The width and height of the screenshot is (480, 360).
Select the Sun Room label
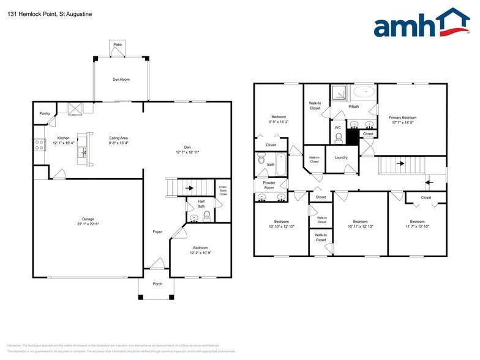(x=120, y=80)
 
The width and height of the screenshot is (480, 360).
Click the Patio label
(x=118, y=45)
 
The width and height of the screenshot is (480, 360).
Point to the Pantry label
(x=45, y=113)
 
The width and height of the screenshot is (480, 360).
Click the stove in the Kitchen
(x=39, y=145)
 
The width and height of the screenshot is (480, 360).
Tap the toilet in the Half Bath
(x=207, y=216)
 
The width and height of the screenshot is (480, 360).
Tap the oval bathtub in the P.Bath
(x=364, y=92)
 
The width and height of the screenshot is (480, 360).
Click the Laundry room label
(x=341, y=157)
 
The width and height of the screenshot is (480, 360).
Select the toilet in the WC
(x=337, y=138)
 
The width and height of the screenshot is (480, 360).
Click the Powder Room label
(x=269, y=184)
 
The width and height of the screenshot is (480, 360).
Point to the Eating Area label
(x=119, y=138)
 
